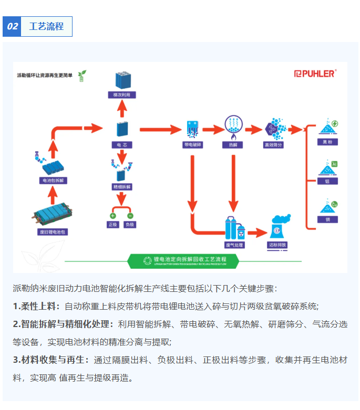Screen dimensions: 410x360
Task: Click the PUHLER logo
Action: pyautogui.click(x=315, y=74)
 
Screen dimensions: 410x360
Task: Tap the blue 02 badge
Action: pyautogui.click(x=12, y=27)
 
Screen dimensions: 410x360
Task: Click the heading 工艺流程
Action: pyautogui.click(x=46, y=27)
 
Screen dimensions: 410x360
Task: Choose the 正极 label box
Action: pyautogui.click(x=112, y=225)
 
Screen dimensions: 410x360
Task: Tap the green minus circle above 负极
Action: pyautogui.click(x=130, y=215)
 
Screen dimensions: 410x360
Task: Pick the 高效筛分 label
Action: pyautogui.click(x=273, y=145)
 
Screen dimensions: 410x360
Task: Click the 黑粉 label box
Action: pyautogui.click(x=327, y=142)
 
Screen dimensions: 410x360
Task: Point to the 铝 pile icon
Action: pyautogui.click(x=327, y=169)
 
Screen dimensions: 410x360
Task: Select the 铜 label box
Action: pyautogui.click(x=327, y=219)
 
